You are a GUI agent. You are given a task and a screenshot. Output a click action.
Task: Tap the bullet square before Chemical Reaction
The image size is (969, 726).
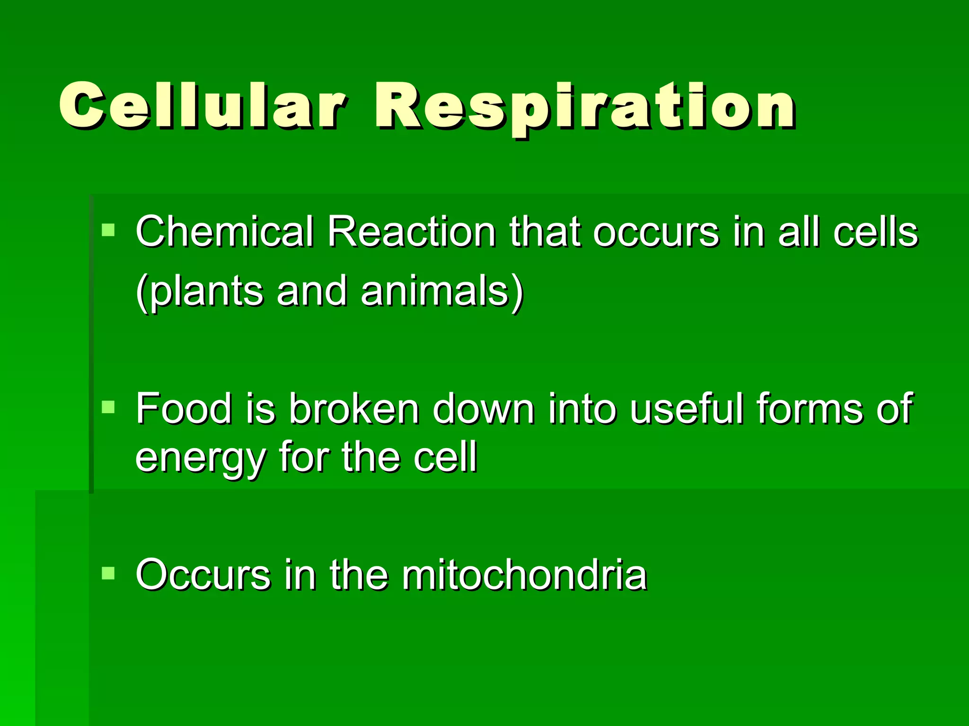point(108,230)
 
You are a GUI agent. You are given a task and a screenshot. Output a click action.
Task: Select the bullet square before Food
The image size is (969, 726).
point(108,406)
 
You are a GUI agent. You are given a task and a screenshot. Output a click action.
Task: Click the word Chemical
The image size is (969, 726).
point(224,232)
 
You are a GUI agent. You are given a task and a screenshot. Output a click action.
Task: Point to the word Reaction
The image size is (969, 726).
point(411,232)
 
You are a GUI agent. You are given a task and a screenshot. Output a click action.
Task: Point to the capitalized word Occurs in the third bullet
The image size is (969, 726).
point(203,575)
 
